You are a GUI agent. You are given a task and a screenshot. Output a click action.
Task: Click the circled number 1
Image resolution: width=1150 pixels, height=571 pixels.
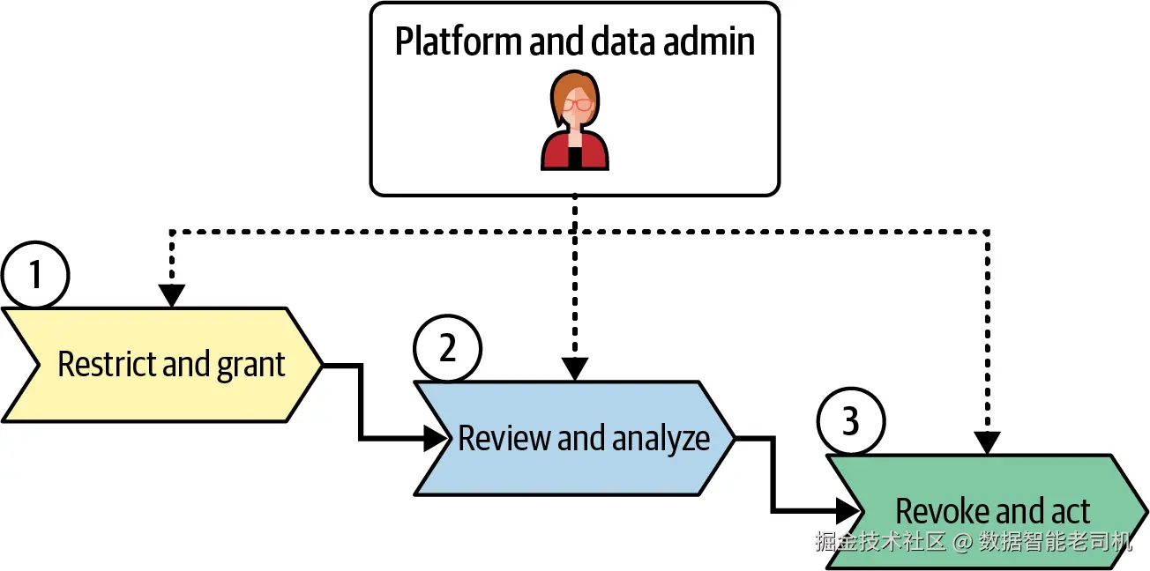point(35,275)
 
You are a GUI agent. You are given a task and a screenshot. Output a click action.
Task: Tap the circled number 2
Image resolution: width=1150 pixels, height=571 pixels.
point(448,348)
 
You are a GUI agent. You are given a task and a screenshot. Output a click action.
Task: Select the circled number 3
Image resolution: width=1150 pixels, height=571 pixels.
point(850,422)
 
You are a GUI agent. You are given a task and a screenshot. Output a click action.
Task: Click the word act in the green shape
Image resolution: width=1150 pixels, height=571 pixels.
point(1070,511)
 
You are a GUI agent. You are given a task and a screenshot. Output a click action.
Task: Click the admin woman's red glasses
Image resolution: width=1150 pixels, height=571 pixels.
point(578,104)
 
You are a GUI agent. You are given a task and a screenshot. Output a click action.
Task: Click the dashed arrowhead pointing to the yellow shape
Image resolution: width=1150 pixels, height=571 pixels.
point(171,295)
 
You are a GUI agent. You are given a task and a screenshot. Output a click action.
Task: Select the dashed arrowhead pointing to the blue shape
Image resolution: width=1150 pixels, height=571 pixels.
point(575,369)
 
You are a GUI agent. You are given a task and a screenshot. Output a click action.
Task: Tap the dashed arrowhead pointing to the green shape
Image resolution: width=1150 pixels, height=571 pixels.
point(987,443)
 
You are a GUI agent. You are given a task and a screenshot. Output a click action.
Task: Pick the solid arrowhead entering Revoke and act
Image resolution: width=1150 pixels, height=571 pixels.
point(847,510)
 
